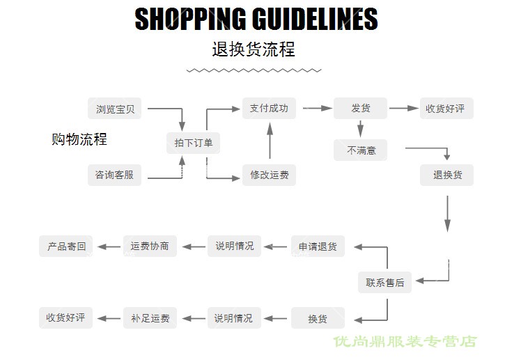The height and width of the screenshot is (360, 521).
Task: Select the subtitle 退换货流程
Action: [x=254, y=49]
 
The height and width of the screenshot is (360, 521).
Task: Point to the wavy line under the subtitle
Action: [x=254, y=70]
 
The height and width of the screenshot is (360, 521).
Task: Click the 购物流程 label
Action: [x=79, y=139]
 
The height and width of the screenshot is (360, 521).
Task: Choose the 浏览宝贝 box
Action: [x=114, y=109]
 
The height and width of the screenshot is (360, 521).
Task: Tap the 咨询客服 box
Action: [x=114, y=175]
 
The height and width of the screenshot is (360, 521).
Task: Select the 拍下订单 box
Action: [x=194, y=143]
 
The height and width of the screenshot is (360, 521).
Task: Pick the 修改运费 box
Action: [x=269, y=175]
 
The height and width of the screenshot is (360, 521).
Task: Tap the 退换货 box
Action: [x=447, y=175]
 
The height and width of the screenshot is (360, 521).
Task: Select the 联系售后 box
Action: [x=384, y=282]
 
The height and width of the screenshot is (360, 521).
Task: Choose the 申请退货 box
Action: [x=318, y=246]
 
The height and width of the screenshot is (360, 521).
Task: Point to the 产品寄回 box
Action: [x=66, y=246]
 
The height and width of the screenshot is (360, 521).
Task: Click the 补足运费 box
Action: [x=150, y=318]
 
